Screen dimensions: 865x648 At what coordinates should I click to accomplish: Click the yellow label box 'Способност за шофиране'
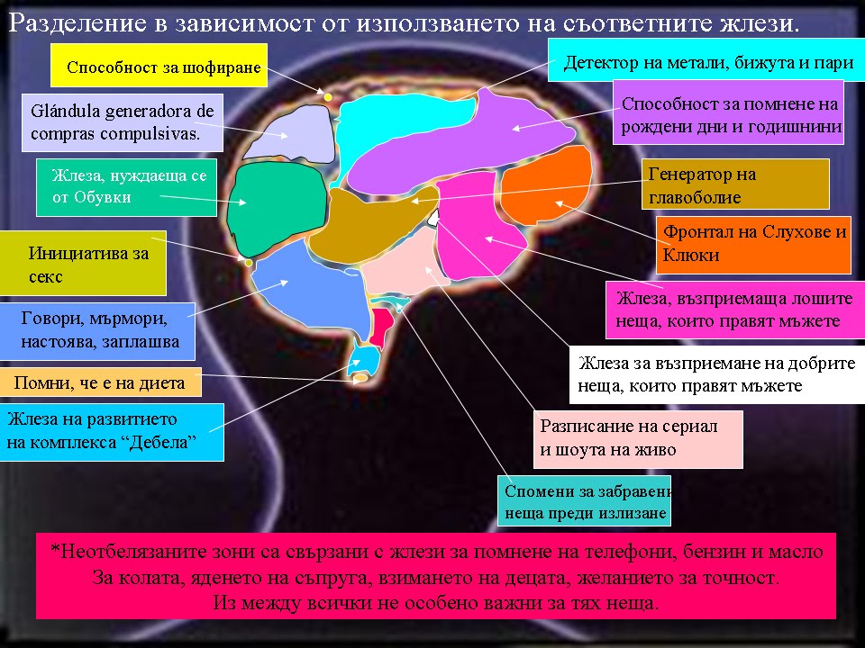159,66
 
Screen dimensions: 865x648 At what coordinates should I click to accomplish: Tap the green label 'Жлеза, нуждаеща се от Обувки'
126,187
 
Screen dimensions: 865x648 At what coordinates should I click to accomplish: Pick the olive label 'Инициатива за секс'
83,264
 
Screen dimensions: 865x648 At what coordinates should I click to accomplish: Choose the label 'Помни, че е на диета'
100,382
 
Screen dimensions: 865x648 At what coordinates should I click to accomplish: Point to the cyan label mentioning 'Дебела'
111,431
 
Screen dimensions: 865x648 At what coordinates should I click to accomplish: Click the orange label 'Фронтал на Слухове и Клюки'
753,244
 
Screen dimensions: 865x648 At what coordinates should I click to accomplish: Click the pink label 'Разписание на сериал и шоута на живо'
638,439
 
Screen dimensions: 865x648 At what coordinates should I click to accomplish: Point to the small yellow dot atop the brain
328,96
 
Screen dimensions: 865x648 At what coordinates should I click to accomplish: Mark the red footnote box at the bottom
436,576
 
